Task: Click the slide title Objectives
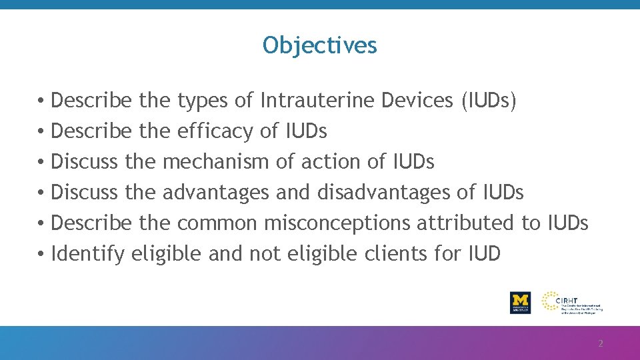pos(320,45)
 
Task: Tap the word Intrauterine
pos(318,101)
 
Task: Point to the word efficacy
pos(215,131)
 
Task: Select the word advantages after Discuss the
pos(216,193)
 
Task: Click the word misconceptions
pos(337,223)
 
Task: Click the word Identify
pos(87,254)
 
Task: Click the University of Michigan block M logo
pos(520,302)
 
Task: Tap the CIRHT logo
pos(572,302)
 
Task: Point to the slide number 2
pos(600,344)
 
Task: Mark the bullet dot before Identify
pos(41,254)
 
